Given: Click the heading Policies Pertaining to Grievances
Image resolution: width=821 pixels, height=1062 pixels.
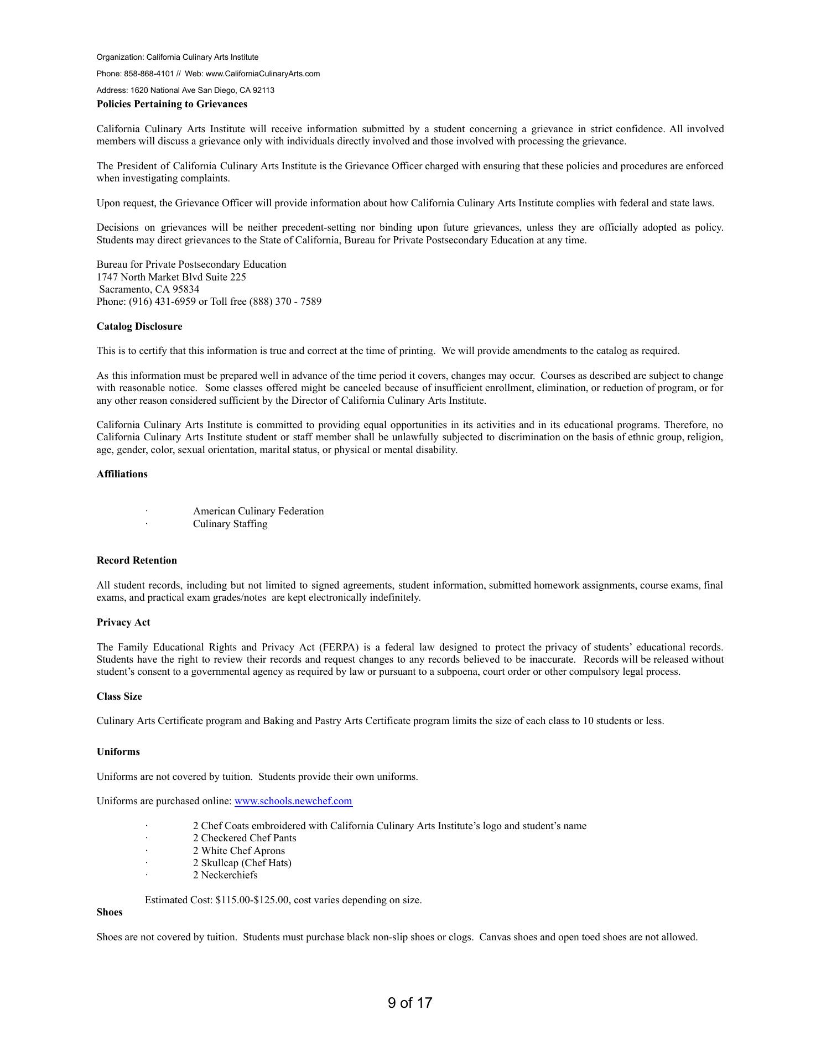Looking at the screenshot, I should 172,104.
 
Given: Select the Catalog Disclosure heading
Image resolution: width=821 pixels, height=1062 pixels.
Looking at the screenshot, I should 139,326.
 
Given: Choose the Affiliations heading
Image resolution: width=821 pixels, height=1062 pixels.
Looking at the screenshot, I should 122,474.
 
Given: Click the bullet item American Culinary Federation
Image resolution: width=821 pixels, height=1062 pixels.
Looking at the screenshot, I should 258,511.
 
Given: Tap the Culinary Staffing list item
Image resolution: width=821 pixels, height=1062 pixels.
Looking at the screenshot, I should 230,524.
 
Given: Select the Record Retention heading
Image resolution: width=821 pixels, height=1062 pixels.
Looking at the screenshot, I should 137,560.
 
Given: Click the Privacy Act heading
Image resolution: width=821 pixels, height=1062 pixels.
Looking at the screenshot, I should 123,622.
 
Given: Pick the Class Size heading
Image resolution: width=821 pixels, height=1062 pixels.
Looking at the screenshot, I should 119,696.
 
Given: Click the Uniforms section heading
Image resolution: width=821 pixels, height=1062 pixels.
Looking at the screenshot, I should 118,752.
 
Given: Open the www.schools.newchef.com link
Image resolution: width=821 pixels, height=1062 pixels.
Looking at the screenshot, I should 293,801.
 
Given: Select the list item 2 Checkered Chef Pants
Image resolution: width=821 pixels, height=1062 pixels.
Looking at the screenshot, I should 245,838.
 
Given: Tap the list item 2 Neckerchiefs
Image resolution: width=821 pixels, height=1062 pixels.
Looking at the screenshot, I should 225,875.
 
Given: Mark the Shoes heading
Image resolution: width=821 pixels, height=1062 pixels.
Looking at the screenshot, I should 110,912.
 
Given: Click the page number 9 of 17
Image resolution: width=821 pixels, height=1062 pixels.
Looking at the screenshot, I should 410,1003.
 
